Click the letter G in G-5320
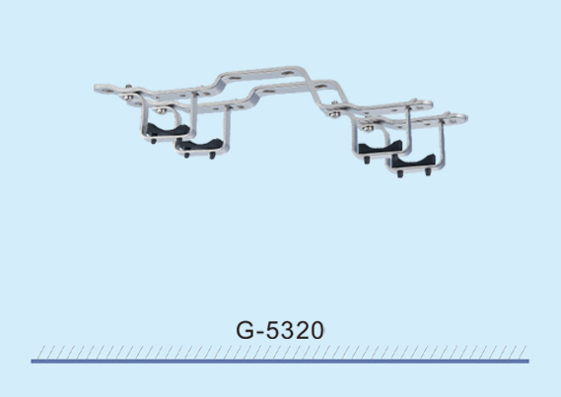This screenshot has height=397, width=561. coord(245,330)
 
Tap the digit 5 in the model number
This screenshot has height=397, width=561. coord(273,331)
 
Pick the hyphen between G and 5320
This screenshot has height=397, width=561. coord(260,333)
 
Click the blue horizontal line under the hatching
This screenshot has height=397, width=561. coord(280,362)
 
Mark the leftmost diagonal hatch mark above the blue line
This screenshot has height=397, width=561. coord(41,352)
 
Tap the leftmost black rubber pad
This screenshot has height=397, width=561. coord(168,129)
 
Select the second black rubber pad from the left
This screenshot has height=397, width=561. coord(199,145)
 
